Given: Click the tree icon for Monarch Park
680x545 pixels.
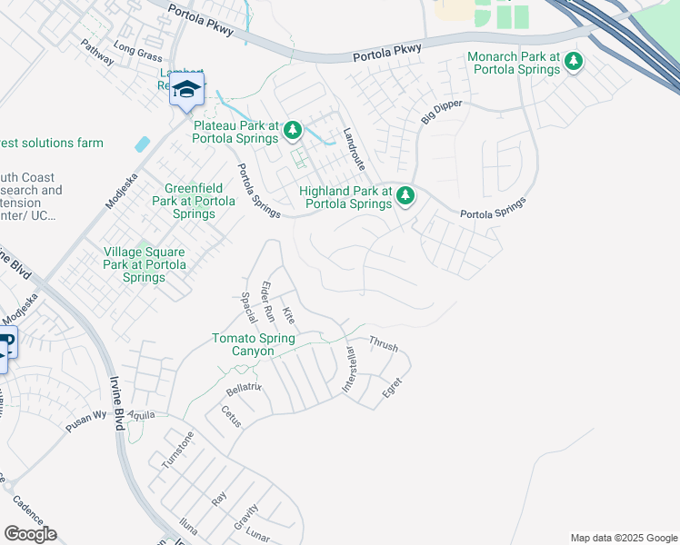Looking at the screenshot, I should tap(574, 62).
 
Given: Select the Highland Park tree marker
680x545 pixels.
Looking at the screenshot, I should tap(405, 195).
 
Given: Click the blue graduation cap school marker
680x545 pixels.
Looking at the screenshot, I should tap(186, 90).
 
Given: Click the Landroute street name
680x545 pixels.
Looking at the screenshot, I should tap(353, 148).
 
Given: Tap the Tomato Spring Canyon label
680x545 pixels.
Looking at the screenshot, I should tap(254, 344).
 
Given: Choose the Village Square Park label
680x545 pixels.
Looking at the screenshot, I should tap(145, 264).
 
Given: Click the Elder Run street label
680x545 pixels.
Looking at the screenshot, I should tap(268, 302).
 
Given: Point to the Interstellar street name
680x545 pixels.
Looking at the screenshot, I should tap(348, 369).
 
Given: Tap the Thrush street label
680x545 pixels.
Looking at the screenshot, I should tap(383, 344).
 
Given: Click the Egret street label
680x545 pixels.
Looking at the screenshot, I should tap(392, 388).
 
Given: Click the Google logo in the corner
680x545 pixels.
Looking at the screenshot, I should tap(30, 534).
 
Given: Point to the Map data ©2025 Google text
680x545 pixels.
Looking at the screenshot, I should tap(623, 538).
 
